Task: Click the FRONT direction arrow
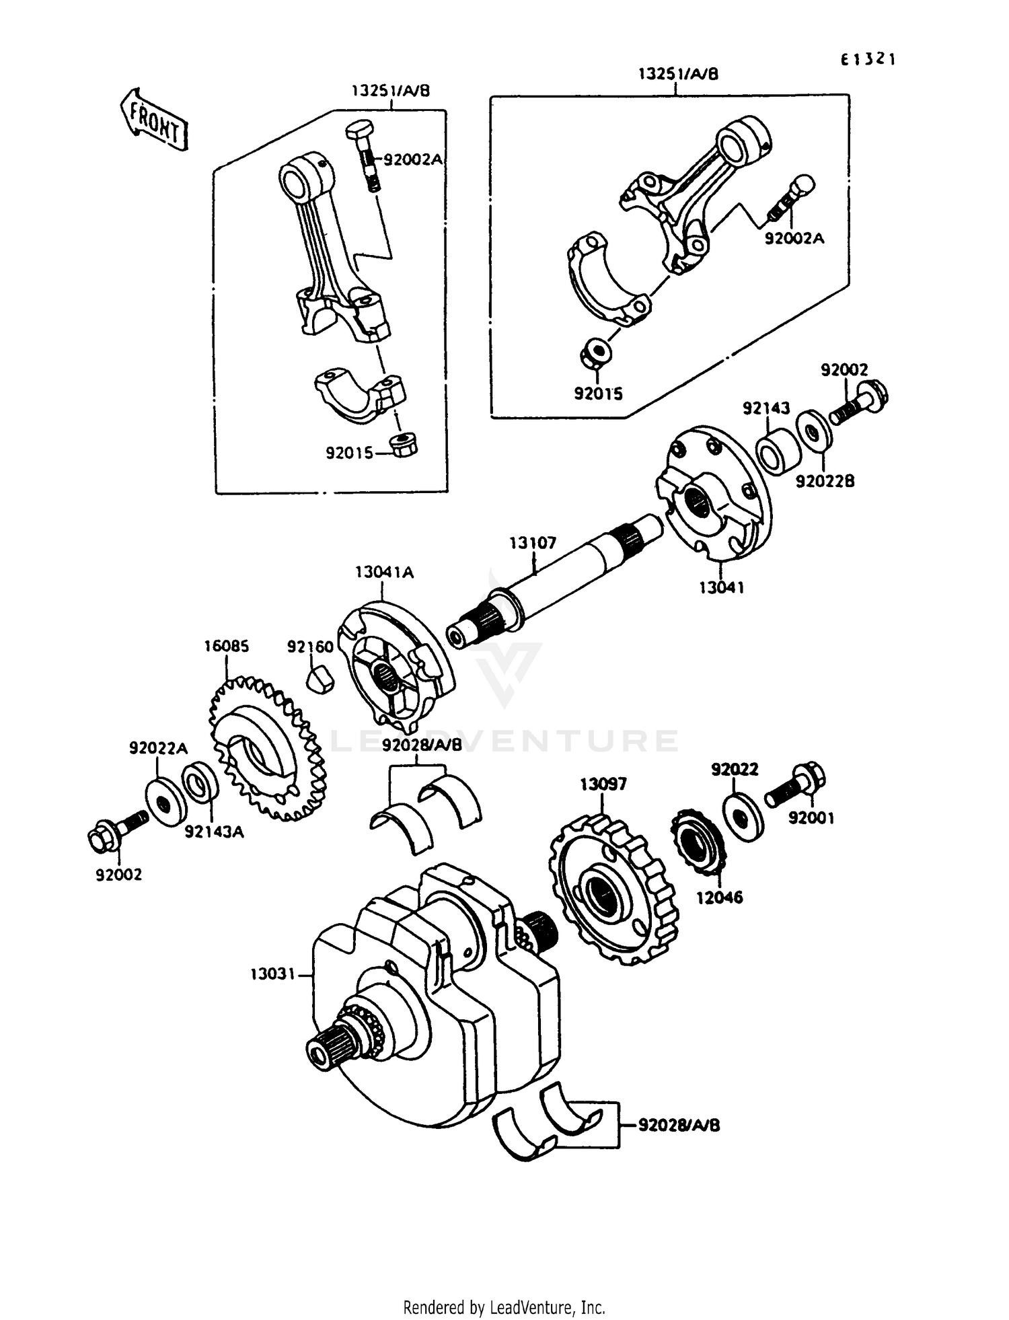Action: (154, 120)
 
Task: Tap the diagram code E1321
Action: (868, 60)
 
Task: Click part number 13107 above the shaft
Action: (533, 543)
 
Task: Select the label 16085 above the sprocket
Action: (227, 647)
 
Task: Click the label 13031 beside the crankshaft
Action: (273, 974)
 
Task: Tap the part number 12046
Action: (719, 897)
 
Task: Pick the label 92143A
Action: (214, 832)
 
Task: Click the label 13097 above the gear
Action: (603, 784)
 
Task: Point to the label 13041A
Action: (384, 573)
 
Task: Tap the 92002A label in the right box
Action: (794, 238)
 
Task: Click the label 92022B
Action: (825, 482)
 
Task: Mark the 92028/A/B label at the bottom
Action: (679, 1125)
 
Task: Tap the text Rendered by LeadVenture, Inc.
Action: (504, 1308)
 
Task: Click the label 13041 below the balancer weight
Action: (721, 587)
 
